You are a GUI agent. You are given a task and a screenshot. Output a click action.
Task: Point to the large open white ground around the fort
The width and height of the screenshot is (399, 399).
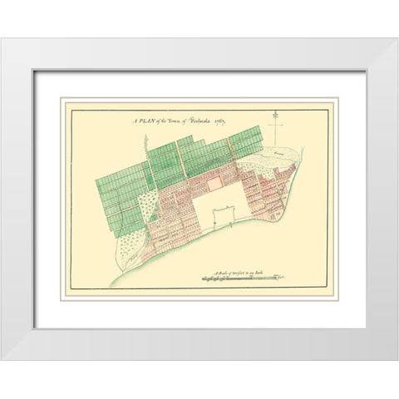click(x=208, y=208)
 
